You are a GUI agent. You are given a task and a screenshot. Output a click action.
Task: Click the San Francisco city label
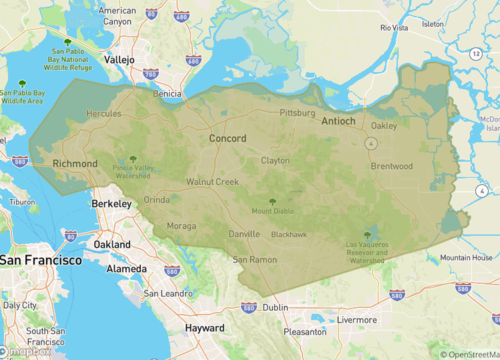[x=41, y=260]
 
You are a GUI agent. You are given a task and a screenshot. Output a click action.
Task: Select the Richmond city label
[x=75, y=163]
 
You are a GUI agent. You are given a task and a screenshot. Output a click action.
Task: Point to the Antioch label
[x=338, y=121]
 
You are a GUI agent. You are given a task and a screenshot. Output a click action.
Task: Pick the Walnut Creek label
[x=212, y=182]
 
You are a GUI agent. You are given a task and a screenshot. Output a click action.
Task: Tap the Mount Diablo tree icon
[x=272, y=202]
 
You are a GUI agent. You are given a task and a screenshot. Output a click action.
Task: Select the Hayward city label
[x=205, y=328]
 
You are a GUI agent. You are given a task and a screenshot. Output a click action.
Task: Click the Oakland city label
[x=111, y=244]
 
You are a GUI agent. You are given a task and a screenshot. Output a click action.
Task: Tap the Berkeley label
[x=112, y=203]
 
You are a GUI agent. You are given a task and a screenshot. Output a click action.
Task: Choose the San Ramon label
[x=254, y=259]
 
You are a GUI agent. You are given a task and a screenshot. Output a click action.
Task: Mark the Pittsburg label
[x=297, y=113]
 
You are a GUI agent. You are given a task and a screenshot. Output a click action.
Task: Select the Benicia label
[x=166, y=93]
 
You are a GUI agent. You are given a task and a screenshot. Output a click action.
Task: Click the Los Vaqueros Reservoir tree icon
[x=367, y=235]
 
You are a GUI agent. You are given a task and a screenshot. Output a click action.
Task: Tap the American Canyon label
[x=117, y=16]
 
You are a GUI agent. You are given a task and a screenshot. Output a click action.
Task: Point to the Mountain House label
[x=467, y=257]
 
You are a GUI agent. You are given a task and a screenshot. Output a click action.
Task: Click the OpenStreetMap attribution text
[x=471, y=354]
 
